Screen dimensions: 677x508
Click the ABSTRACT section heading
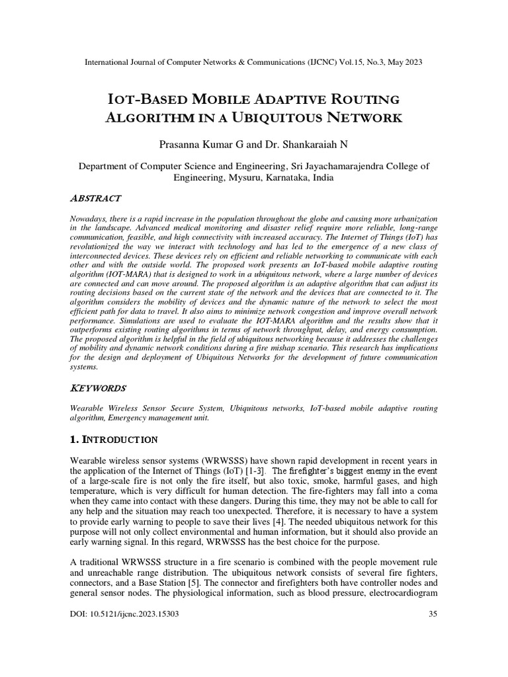coord(95,198)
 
